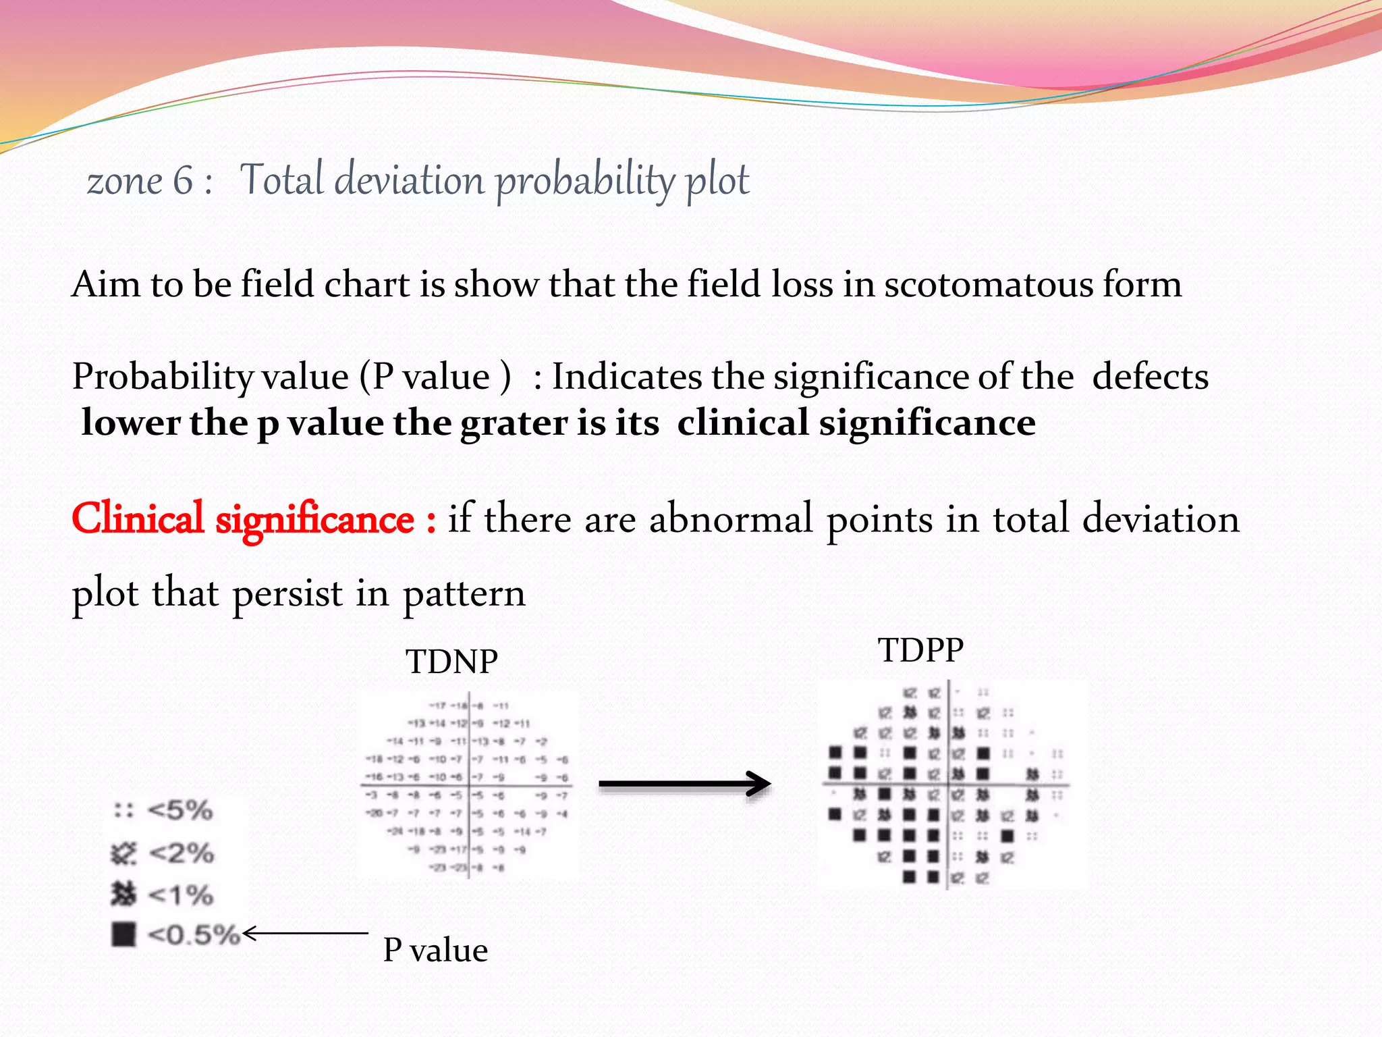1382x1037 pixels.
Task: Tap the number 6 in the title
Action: point(183,181)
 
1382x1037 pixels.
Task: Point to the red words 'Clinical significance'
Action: point(243,519)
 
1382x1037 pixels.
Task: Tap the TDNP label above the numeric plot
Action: point(451,662)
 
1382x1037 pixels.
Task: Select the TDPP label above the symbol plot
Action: point(920,651)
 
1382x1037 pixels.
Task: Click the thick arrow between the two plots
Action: point(684,784)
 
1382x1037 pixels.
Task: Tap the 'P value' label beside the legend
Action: point(435,951)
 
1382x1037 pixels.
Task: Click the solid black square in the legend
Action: point(123,935)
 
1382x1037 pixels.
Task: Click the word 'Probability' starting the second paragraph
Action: point(162,377)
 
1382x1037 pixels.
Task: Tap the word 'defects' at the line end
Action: point(1150,377)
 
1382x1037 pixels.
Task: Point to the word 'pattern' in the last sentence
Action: point(464,594)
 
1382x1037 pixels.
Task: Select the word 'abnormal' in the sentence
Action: point(730,519)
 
